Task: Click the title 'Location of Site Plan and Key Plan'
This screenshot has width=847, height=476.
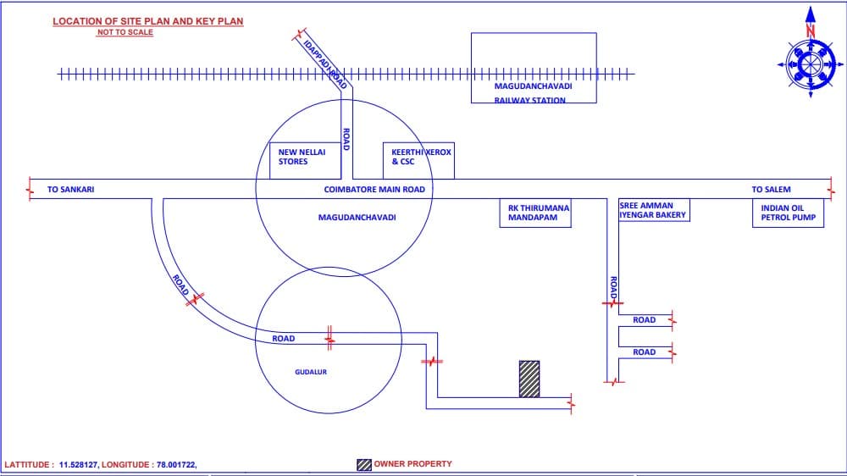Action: tap(148, 21)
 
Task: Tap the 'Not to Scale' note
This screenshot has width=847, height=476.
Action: tap(125, 32)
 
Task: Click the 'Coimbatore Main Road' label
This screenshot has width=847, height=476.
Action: tap(374, 189)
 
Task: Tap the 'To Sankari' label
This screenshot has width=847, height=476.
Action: tap(71, 189)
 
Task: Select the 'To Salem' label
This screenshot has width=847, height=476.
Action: tap(771, 189)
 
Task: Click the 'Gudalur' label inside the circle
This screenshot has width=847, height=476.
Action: tap(311, 372)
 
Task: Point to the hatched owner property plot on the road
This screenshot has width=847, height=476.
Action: tap(529, 379)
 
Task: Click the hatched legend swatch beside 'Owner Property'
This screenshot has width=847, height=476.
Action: tap(364, 465)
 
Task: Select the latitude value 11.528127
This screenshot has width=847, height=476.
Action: tap(78, 465)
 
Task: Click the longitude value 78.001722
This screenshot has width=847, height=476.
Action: tap(176, 465)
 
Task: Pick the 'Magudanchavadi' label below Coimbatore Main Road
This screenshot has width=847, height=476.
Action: tap(357, 217)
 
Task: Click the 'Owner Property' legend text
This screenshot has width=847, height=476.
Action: tap(412, 463)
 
